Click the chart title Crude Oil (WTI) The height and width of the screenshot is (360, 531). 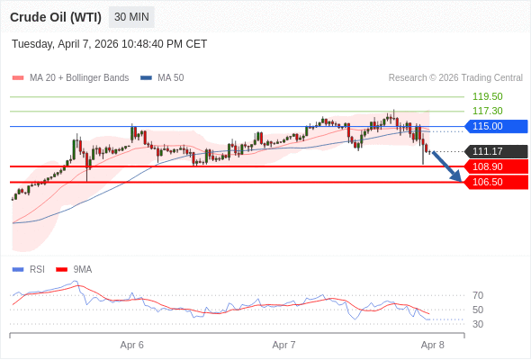tap(55, 17)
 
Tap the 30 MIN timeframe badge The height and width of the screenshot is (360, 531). tap(131, 17)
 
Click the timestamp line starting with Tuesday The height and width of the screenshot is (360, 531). tap(109, 43)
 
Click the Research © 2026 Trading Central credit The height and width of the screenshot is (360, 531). tap(455, 78)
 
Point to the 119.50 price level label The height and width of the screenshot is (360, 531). tap(487, 96)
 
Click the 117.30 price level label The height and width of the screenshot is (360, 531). tap(487, 111)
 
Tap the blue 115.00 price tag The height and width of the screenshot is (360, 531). tap(494, 126)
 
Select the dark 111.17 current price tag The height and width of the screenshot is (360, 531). tap(494, 151)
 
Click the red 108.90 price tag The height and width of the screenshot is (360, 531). tap(494, 166)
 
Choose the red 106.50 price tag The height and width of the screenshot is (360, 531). tap(494, 182)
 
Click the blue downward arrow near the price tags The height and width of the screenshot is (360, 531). tap(447, 167)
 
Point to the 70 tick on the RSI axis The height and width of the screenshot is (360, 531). tap(478, 295)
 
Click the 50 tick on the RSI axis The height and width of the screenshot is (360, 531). tap(478, 310)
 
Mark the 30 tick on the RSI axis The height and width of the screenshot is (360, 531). tap(478, 324)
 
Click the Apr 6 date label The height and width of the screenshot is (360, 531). tap(132, 345)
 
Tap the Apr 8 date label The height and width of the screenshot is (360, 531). tap(433, 345)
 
